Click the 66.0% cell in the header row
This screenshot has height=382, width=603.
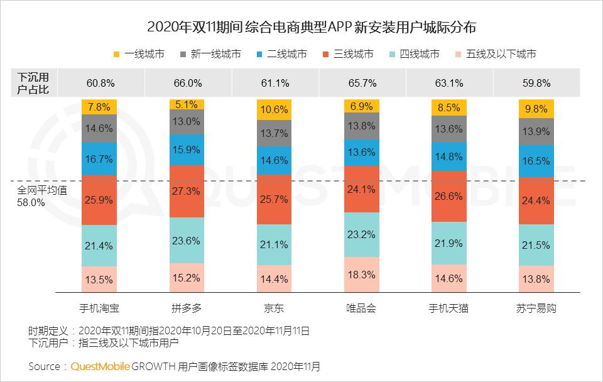(x=187, y=83)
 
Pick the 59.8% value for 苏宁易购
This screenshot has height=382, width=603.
(x=536, y=83)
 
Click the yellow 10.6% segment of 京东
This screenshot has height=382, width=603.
(x=274, y=109)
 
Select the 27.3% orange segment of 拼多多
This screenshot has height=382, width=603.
(x=187, y=191)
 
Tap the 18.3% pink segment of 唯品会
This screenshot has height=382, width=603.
(x=362, y=275)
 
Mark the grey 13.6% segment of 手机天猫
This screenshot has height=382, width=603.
(x=449, y=129)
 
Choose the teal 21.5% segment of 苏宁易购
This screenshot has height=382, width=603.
(x=536, y=244)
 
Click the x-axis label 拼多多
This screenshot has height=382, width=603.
(x=187, y=308)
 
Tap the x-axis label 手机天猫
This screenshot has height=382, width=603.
(x=449, y=308)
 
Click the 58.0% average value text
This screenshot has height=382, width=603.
(x=31, y=203)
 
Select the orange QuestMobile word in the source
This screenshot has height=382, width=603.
(x=100, y=366)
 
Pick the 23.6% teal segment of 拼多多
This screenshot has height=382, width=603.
(x=187, y=240)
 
